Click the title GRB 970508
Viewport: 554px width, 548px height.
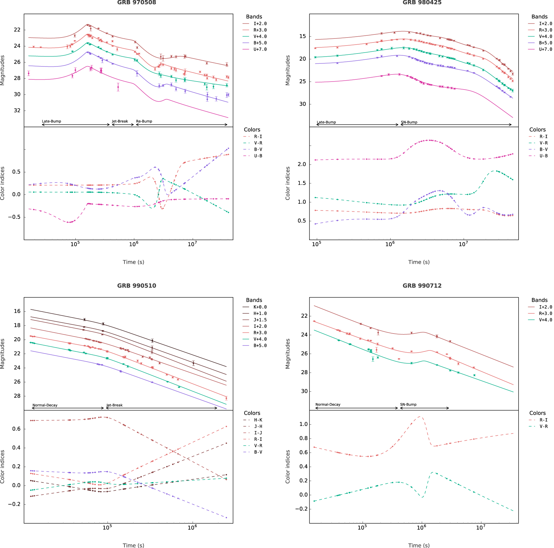pyautogui.click(x=137, y=2)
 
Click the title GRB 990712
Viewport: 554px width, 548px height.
pyautogui.click(x=422, y=286)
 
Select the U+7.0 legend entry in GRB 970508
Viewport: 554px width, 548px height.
pyautogui.click(x=260, y=49)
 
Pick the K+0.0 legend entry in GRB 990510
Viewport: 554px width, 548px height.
pyautogui.click(x=260, y=307)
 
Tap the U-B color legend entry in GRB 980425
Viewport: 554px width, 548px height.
pyautogui.click(x=544, y=156)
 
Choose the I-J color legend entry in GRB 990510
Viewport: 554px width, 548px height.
pyautogui.click(x=258, y=433)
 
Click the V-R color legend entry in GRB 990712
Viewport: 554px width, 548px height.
pyautogui.click(x=544, y=426)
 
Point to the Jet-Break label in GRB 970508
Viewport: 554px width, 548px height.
pyautogui.click(x=120, y=121)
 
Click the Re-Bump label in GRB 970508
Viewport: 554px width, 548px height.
pyautogui.click(x=144, y=121)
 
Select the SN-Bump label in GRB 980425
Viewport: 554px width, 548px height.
pyautogui.click(x=409, y=122)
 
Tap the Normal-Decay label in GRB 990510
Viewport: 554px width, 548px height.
pyautogui.click(x=45, y=405)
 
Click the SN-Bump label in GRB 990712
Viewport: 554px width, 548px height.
pyautogui.click(x=408, y=404)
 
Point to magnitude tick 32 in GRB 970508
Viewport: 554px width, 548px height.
pyautogui.click(x=17, y=110)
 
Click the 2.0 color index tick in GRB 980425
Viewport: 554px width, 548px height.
pyautogui.click(x=302, y=164)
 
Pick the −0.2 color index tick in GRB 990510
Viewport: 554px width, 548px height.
pyautogui.click(x=14, y=504)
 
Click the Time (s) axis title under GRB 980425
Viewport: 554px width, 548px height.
pyautogui.click(x=419, y=262)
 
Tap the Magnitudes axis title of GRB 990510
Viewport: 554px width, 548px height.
pyautogui.click(x=3, y=354)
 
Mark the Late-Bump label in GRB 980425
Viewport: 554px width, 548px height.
pyautogui.click(x=326, y=122)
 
